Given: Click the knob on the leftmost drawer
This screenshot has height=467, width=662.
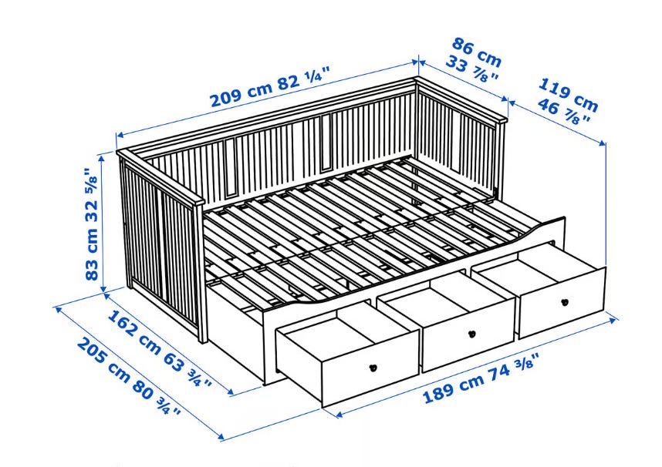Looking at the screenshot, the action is (373, 368).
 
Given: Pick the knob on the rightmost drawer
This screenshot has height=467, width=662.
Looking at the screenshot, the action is (565, 302).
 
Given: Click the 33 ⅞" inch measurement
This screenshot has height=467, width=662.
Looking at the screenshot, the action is (472, 69).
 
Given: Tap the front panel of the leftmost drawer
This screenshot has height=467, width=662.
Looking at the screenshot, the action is (370, 367).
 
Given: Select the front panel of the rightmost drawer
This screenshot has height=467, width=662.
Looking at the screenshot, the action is (562, 303).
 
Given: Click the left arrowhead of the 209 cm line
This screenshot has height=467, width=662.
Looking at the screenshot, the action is (120, 135).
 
